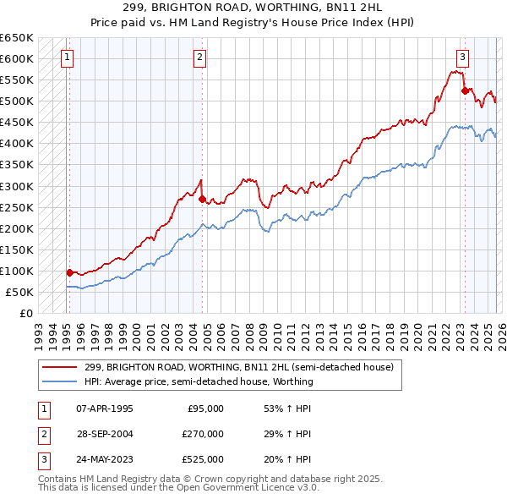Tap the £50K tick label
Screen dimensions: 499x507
tap(19, 292)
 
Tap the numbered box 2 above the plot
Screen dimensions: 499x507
tap(199, 58)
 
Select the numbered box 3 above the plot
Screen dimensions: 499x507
tap(463, 58)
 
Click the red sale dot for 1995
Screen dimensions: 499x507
tap(69, 272)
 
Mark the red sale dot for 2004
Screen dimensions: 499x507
tap(202, 199)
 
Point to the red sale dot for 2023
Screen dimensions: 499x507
tap(464, 90)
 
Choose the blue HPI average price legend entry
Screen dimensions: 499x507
tap(199, 381)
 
